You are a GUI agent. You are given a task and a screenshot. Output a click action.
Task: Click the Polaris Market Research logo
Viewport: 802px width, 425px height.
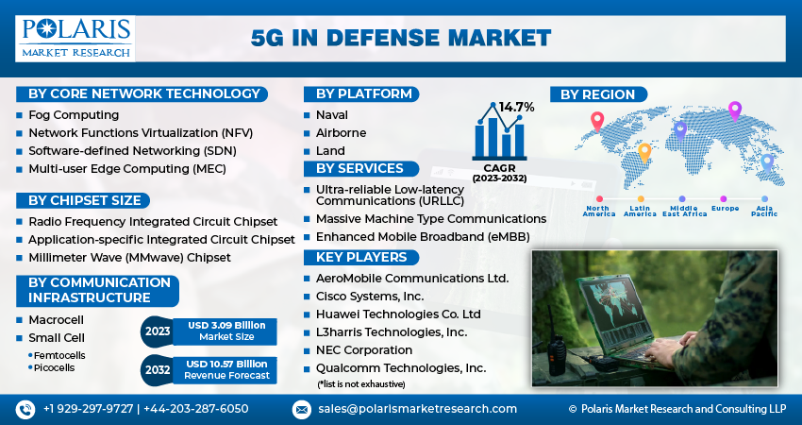(75, 38)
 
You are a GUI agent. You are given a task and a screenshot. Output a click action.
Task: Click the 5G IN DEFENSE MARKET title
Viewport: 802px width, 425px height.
(401, 38)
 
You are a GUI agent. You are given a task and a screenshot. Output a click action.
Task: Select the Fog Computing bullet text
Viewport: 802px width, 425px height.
(66, 114)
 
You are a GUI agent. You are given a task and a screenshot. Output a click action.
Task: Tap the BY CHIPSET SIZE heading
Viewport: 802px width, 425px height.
(84, 200)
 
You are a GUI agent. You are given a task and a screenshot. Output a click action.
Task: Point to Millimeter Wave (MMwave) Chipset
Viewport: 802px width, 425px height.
(129, 257)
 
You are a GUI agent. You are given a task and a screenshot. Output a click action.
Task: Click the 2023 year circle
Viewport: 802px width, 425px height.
(158, 331)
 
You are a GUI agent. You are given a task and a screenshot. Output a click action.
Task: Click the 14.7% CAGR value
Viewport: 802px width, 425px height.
(516, 107)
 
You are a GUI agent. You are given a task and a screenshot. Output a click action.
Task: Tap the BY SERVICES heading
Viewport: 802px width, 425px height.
(359, 169)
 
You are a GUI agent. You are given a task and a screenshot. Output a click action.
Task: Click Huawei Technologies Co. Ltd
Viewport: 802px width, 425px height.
(398, 314)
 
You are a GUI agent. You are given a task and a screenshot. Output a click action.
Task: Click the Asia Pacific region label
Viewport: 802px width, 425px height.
(765, 212)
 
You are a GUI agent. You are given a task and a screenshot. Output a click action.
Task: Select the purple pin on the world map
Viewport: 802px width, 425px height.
(735, 110)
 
